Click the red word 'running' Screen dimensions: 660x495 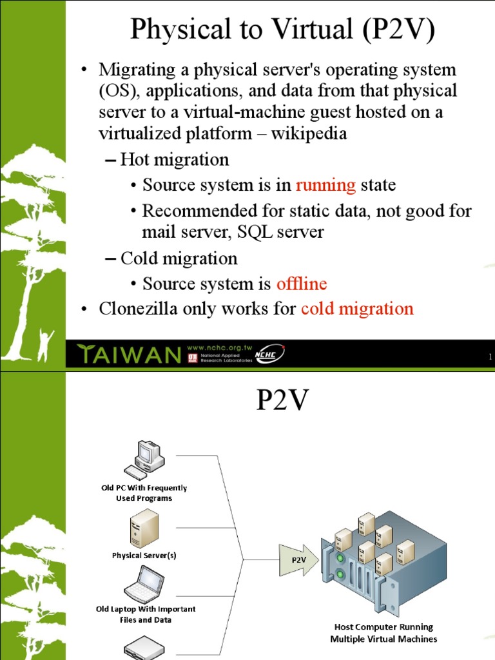point(325,186)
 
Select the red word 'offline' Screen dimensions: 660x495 point(301,284)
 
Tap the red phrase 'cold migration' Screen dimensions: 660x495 point(357,309)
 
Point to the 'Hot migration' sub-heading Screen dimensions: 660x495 point(174,160)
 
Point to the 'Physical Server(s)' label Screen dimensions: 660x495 point(144,556)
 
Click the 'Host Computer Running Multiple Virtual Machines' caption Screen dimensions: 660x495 point(383,632)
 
